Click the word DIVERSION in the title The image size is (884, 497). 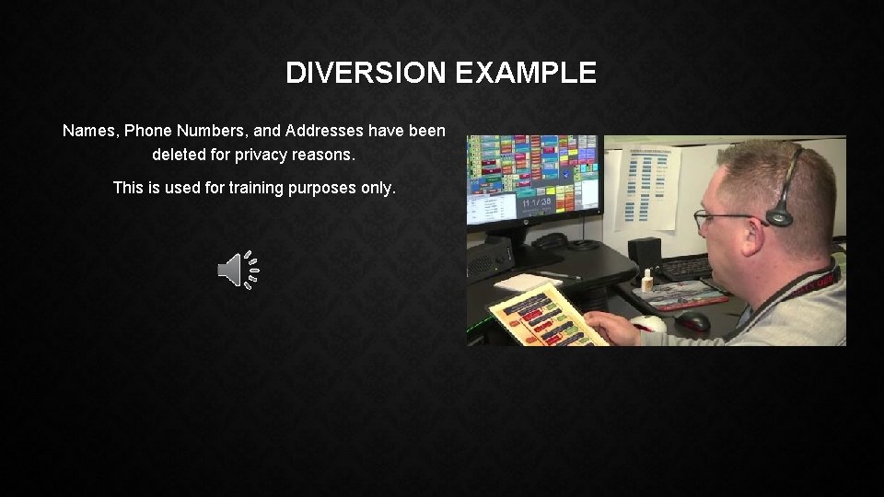(366, 73)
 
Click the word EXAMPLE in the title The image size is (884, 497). (526, 73)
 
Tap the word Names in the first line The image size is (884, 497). (89, 131)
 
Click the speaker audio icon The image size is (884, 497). (238, 271)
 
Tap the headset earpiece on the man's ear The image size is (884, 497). (780, 217)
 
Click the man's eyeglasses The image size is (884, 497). (723, 218)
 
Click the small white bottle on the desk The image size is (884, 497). (648, 280)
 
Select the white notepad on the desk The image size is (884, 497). (527, 282)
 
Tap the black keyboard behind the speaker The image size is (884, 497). (685, 268)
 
